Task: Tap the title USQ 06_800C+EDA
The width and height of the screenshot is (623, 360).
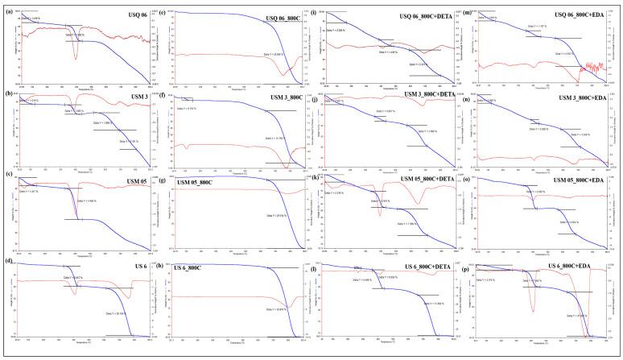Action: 579,15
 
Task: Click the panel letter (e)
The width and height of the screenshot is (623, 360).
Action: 163,10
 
